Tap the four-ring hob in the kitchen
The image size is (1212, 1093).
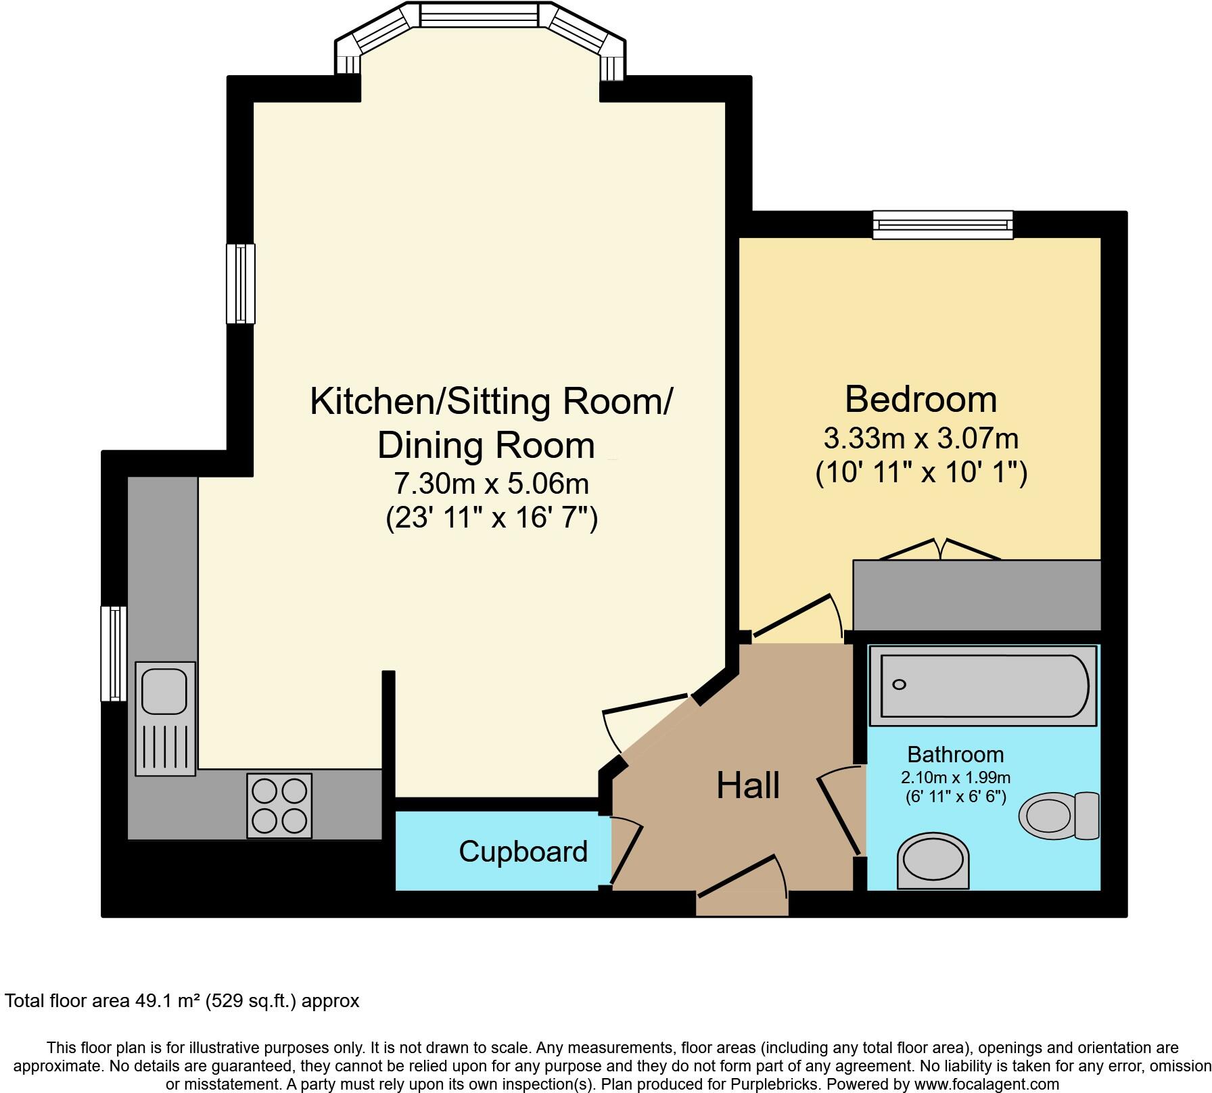[x=279, y=806]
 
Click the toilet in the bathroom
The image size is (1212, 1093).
[x=1058, y=816]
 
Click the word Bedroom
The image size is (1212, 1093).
[x=920, y=399]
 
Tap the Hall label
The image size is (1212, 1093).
[x=748, y=786]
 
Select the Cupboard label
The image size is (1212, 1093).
[x=523, y=852]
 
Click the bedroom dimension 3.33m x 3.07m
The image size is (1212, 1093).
[x=920, y=439]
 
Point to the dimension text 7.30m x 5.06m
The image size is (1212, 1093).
[x=491, y=484]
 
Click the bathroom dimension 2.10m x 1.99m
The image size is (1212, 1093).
[x=955, y=778]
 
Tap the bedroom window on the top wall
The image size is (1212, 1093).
[x=943, y=225]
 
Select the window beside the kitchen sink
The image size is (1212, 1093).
[x=114, y=653]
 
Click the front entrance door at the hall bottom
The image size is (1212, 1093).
[x=742, y=879]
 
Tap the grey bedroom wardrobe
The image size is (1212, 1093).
[x=977, y=595]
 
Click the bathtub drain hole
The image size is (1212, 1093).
[x=899, y=684]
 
